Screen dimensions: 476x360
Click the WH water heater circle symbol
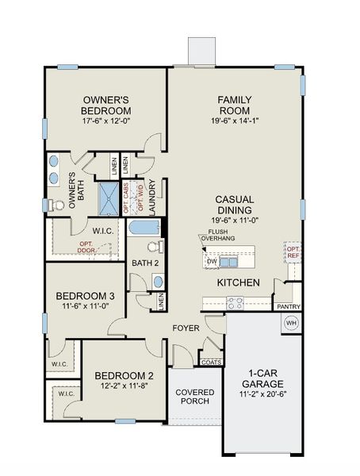click(290, 324)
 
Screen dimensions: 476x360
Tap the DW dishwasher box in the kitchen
click(212, 261)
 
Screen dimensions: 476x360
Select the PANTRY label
click(286, 306)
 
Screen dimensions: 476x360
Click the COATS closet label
click(211, 363)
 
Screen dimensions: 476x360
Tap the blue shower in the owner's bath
click(108, 198)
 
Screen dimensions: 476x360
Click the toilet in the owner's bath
click(56, 205)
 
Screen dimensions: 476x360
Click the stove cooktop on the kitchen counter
click(236, 301)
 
